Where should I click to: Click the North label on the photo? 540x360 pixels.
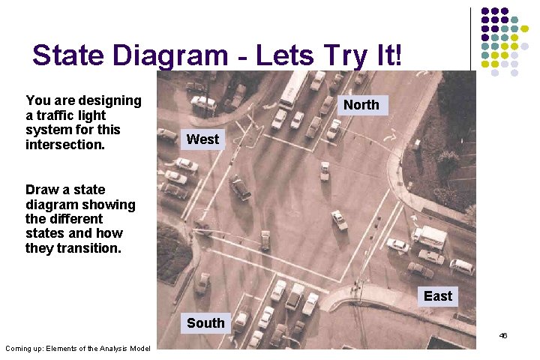361,105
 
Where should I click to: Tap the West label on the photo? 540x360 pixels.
202,139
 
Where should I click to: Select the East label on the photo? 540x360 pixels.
438,296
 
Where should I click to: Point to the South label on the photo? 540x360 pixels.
205,323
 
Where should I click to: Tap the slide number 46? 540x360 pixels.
503,335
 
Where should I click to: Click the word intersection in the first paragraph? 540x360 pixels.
65,144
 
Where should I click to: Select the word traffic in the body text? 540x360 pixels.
58,115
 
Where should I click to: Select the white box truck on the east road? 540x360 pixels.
430,237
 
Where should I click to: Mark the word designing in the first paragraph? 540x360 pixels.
111,100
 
